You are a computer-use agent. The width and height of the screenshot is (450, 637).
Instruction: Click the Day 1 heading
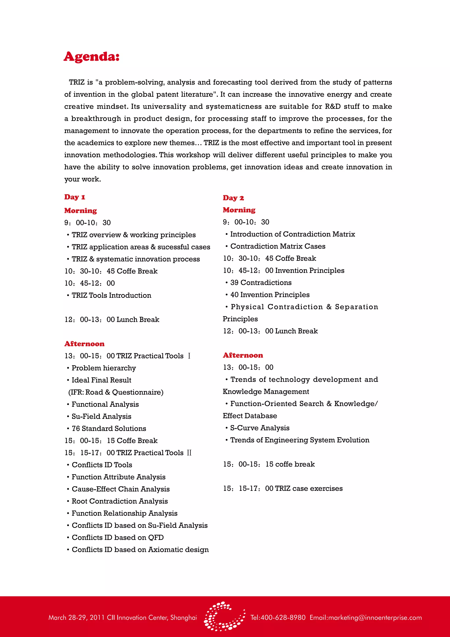(74, 197)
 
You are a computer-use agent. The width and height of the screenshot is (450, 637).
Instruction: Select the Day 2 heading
(233, 198)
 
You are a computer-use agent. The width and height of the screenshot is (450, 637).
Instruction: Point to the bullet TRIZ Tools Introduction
(111, 295)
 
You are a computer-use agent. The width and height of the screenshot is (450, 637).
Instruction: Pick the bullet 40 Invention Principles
(270, 295)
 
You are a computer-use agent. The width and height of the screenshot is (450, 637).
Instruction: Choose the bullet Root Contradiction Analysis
(120, 501)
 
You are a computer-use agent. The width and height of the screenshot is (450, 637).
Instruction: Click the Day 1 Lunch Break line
(112, 320)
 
